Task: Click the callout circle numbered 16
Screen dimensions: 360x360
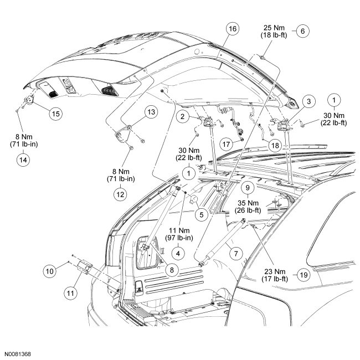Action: click(x=232, y=29)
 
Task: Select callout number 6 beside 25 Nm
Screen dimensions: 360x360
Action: click(x=302, y=31)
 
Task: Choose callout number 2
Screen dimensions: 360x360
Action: click(x=181, y=117)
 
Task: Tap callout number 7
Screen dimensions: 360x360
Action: click(x=236, y=254)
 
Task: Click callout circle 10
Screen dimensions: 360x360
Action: click(x=50, y=271)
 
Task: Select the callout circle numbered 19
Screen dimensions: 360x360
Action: click(x=302, y=275)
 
